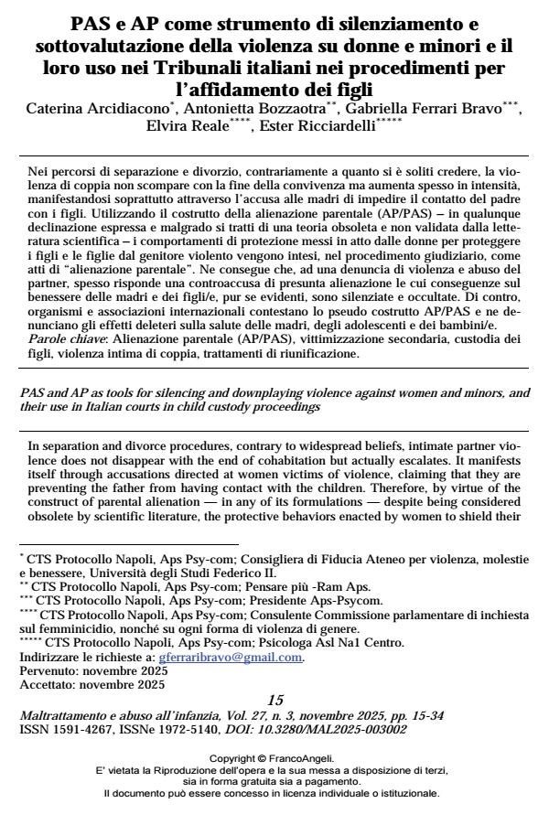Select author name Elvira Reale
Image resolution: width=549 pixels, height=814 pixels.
(188, 125)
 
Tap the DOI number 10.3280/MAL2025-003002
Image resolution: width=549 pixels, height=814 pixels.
(310, 755)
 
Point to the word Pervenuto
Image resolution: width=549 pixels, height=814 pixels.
(46, 696)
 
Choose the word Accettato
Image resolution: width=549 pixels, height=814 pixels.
(45, 710)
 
